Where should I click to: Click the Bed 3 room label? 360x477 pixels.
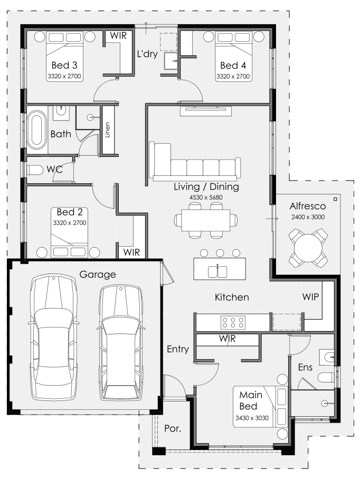click(64, 65)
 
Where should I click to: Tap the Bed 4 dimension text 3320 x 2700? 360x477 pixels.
click(233, 77)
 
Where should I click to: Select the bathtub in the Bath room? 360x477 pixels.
click(37, 129)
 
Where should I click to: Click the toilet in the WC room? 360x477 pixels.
click(35, 170)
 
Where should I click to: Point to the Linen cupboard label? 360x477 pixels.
click(107, 130)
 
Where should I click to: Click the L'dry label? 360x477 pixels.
click(147, 54)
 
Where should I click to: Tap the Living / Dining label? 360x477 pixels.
click(206, 186)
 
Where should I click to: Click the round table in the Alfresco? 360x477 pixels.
click(308, 248)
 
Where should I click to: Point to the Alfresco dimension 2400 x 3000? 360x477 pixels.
click(308, 217)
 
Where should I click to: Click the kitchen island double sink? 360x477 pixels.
click(217, 272)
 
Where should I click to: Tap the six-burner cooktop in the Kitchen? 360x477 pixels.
click(233, 322)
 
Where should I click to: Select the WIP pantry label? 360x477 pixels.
click(310, 297)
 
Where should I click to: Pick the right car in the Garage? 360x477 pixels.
click(121, 342)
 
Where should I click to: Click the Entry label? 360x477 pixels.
click(178, 349)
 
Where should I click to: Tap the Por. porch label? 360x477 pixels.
click(173, 428)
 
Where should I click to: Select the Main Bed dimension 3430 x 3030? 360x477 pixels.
click(252, 418)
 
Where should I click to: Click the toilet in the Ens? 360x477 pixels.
click(326, 378)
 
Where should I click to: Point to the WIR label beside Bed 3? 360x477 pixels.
click(118, 35)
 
